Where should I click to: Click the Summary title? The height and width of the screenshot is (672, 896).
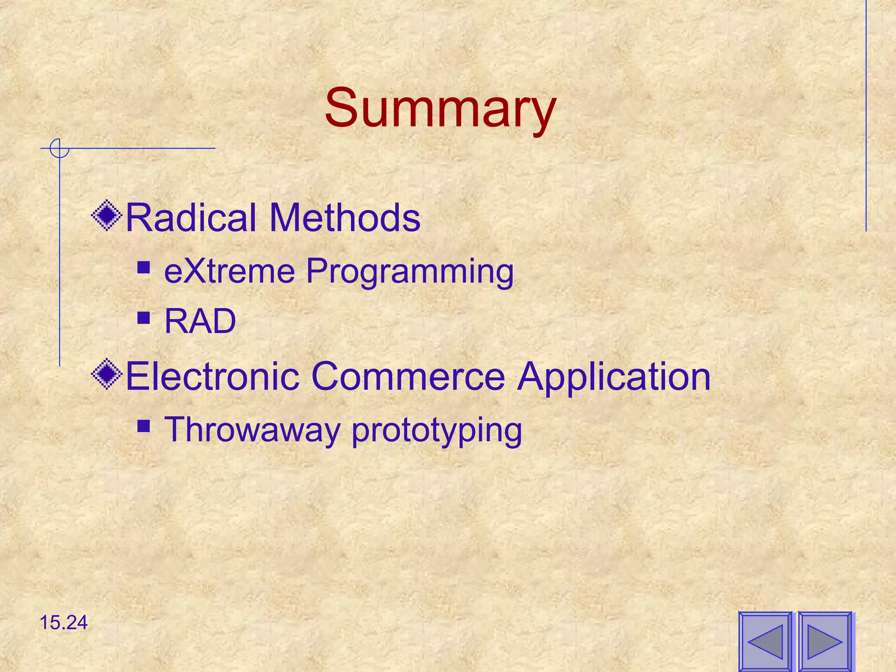(x=440, y=108)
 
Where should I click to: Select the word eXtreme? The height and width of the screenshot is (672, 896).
(x=230, y=271)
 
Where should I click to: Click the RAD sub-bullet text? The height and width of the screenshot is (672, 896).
(x=200, y=321)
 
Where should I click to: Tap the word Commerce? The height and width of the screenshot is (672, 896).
(x=408, y=376)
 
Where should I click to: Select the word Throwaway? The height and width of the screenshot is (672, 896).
(x=252, y=430)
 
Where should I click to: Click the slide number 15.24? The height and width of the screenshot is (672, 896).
(x=63, y=623)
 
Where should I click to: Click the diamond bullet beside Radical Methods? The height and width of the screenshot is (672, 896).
(x=107, y=215)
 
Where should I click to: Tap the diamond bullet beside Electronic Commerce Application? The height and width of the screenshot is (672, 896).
(x=107, y=374)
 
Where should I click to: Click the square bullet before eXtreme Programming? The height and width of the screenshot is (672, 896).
(x=143, y=267)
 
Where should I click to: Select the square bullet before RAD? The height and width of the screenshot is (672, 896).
(x=143, y=317)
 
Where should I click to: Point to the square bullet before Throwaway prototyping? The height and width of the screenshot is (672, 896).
(x=143, y=426)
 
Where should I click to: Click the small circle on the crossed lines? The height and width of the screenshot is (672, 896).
(x=59, y=148)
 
